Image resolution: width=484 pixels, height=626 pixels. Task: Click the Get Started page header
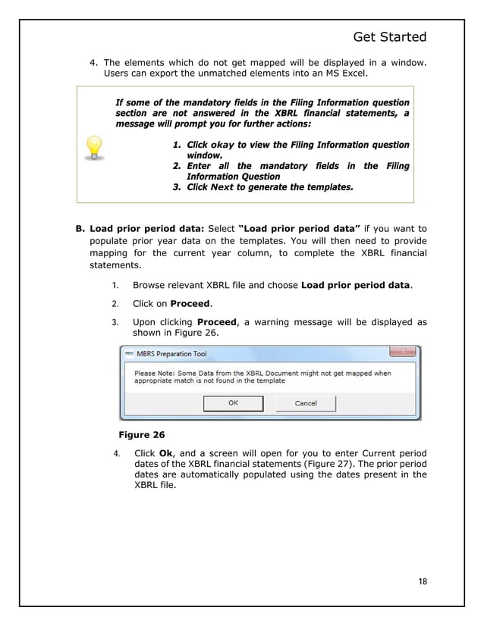tap(390, 37)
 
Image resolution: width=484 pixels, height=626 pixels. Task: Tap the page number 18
tap(421, 581)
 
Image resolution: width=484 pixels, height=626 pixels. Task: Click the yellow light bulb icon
tap(93, 147)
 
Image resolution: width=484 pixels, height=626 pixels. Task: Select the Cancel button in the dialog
tap(306, 403)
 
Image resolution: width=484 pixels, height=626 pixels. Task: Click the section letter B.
tap(78, 228)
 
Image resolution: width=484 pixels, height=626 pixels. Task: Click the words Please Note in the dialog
tap(157, 373)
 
